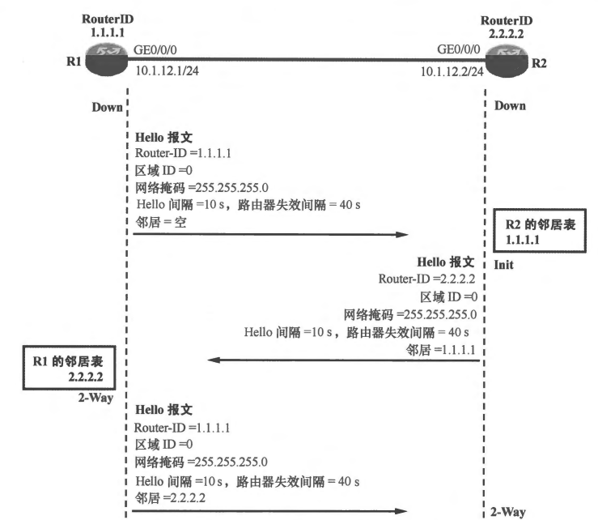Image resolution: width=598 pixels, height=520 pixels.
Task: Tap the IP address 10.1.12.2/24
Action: click(452, 72)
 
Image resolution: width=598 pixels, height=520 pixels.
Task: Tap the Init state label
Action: click(503, 265)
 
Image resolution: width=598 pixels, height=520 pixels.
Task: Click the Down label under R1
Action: click(108, 106)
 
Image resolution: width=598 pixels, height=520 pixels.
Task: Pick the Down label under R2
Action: click(509, 105)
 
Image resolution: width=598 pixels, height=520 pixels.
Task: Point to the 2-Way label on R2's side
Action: click(509, 511)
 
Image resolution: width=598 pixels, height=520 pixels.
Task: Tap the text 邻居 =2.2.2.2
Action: click(172, 497)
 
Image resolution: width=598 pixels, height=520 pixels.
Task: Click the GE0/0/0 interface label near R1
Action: click(157, 50)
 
